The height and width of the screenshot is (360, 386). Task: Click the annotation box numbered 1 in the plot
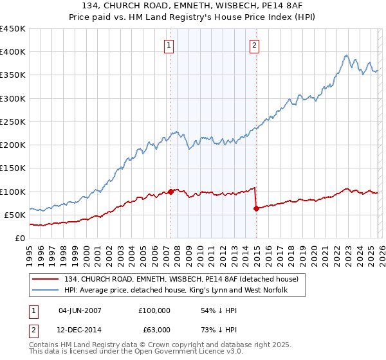tap(169, 45)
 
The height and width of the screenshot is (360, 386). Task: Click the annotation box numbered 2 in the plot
tap(255, 45)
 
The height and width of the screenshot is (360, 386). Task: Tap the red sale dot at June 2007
tap(170, 191)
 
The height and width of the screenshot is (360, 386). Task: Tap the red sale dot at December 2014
tap(257, 208)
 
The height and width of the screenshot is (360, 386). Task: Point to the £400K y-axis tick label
tap(12, 52)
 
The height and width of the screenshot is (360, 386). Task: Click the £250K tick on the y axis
tap(12, 122)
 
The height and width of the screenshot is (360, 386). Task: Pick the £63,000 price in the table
tap(154, 330)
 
